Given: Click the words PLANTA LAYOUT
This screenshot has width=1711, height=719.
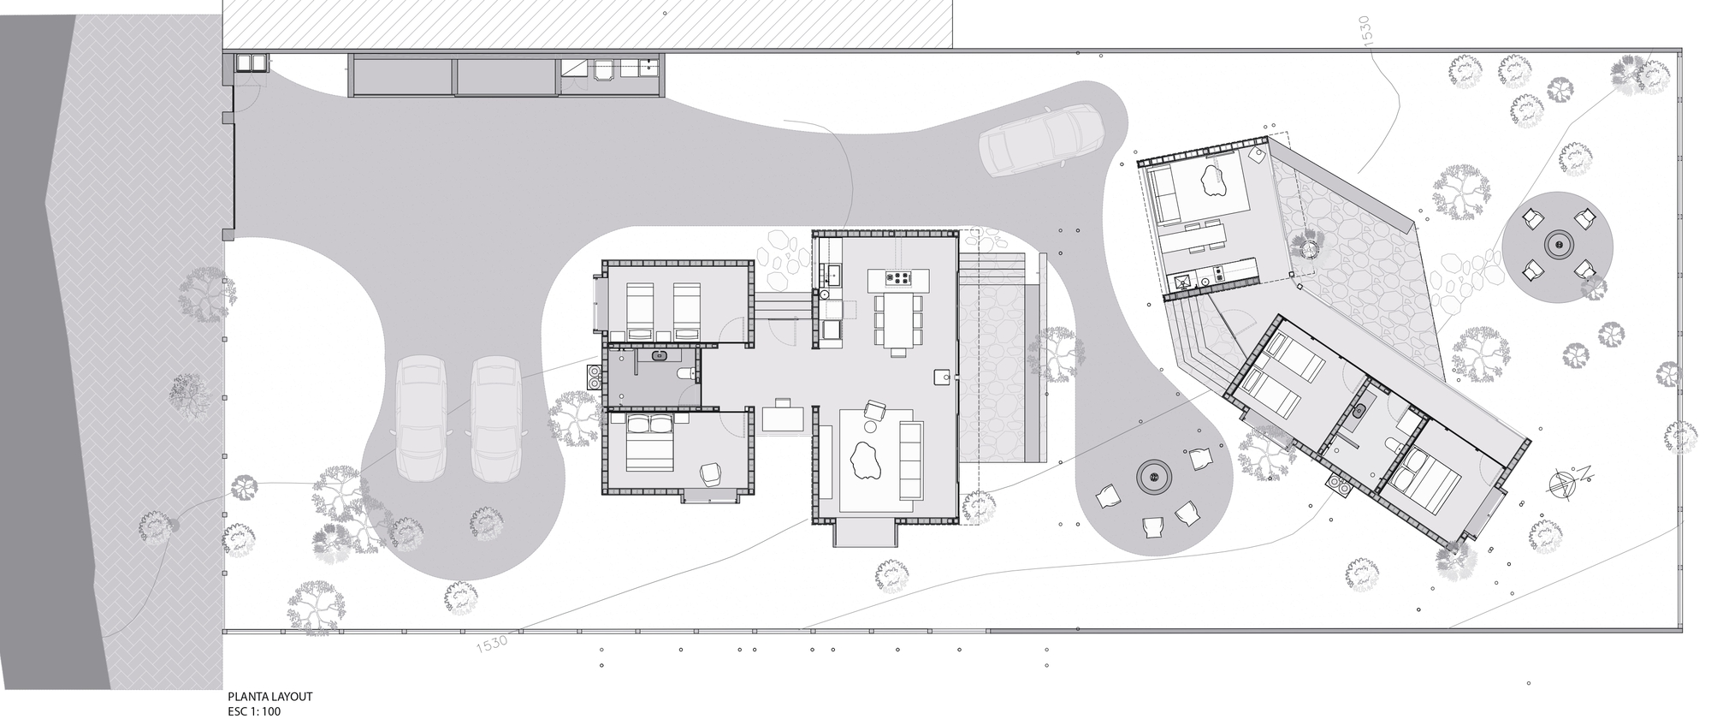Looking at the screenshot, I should click(269, 698).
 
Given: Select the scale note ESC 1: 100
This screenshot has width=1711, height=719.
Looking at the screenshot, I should click(254, 711).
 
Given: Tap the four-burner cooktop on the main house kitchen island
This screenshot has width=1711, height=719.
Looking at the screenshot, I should click(901, 277).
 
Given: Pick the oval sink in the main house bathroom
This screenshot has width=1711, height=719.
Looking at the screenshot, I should click(660, 356).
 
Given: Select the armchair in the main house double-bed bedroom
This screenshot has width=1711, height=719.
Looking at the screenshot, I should click(712, 473).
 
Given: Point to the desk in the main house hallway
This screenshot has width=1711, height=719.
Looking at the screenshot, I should click(784, 418).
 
